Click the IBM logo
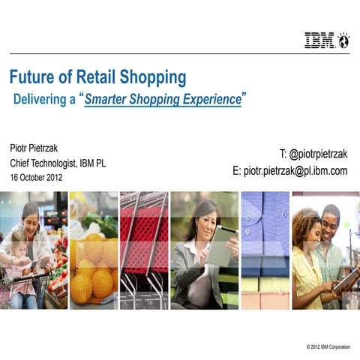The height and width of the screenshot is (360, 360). tap(320, 40)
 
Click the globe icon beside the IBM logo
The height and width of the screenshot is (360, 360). tap(344, 40)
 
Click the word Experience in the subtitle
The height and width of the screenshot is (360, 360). tap(206, 100)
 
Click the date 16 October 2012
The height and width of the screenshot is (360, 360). tap(36, 178)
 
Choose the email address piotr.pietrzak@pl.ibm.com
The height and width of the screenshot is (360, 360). tap(289, 171)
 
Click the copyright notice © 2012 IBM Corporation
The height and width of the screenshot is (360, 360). tap(328, 346)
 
